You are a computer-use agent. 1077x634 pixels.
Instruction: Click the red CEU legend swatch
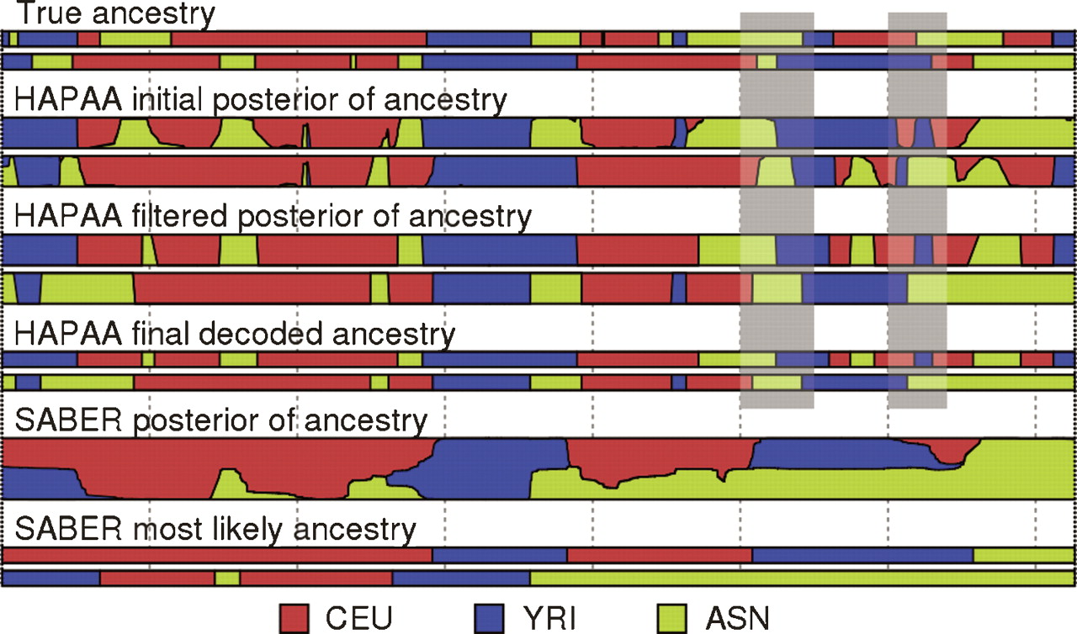pyautogui.click(x=295, y=617)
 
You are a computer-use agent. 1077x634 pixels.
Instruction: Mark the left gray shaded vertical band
pyautogui.click(x=777, y=210)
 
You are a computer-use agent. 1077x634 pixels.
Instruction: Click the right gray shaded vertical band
pyautogui.click(x=917, y=210)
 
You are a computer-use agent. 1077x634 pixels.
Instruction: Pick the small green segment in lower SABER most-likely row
pyautogui.click(x=227, y=579)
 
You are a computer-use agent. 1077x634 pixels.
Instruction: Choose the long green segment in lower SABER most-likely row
pyautogui.click(x=799, y=579)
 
